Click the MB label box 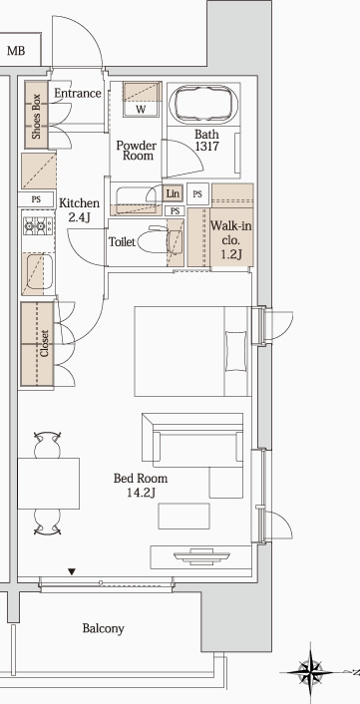point(17,49)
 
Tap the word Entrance point(77,94)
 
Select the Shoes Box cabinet point(36,115)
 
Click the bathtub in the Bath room point(205,104)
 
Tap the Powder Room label point(136,151)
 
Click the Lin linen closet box point(173,193)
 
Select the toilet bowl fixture point(154,241)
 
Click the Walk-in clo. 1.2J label point(230,239)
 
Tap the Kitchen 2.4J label point(79,209)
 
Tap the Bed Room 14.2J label point(140,486)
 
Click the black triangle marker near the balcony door point(72,572)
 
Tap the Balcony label point(103,628)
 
